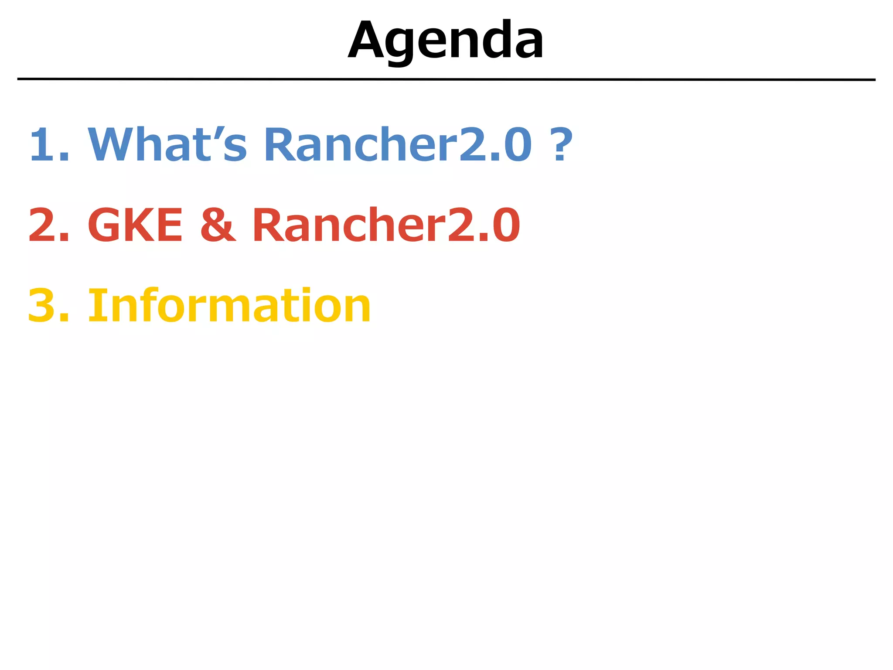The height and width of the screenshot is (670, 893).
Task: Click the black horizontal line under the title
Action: click(446, 79)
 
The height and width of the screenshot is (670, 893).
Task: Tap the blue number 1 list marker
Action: click(44, 144)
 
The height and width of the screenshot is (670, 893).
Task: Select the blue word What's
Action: click(167, 144)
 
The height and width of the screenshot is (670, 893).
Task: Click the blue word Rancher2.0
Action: click(398, 144)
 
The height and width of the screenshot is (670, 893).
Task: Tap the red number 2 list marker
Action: click(44, 225)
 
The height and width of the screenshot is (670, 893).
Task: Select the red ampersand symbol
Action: click(218, 225)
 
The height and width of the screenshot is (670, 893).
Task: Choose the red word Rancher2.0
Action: click(386, 225)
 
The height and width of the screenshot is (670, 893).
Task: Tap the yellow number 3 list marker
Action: click(44, 305)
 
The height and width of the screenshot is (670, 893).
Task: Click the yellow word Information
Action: click(229, 305)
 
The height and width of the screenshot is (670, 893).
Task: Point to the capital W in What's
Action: click(109, 144)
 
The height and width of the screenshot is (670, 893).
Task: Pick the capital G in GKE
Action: click(105, 225)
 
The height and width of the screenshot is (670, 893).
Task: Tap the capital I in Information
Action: click(95, 305)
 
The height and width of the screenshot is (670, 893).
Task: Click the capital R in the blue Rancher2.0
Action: click(279, 144)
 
